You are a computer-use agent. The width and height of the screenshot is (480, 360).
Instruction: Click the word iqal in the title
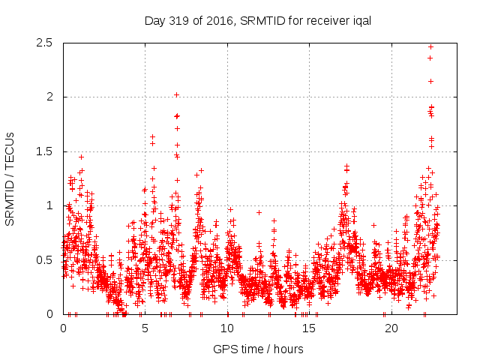(359, 20)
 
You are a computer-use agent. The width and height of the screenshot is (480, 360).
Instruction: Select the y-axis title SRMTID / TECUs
(10, 178)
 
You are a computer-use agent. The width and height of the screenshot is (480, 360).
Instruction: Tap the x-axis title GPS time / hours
(258, 349)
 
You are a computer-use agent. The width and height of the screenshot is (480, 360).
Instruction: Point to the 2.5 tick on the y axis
(46, 43)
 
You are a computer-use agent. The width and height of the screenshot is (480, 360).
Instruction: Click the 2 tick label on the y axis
(51, 97)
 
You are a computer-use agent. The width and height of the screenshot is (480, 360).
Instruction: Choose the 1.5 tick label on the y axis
(46, 151)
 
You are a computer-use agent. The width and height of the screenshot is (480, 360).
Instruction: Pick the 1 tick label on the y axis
(51, 205)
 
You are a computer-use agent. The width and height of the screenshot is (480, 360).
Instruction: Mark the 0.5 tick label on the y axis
(46, 260)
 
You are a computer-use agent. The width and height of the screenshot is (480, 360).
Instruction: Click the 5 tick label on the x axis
(145, 328)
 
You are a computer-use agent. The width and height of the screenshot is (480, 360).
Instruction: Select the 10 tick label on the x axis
(227, 328)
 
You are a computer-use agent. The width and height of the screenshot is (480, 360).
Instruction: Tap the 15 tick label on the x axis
(309, 328)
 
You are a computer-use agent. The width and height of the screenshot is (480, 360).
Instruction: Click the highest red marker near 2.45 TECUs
(430, 46)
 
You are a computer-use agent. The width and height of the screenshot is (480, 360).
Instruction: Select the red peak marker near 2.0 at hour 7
(176, 94)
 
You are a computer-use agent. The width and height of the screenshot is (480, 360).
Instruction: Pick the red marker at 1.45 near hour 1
(81, 157)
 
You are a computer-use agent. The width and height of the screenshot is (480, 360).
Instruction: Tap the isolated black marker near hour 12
(259, 212)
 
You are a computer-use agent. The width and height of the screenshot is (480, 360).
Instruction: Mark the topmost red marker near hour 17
(346, 166)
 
